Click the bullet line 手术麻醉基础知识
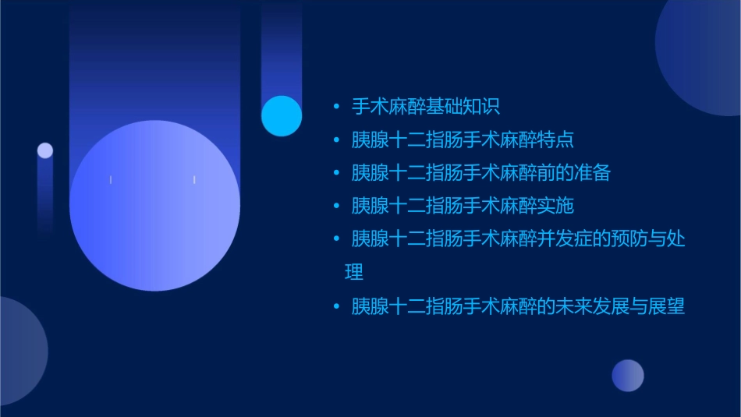(424, 107)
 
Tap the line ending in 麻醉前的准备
(480, 173)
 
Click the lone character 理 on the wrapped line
(353, 272)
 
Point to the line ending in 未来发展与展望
(518, 306)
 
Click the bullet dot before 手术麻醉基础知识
(336, 107)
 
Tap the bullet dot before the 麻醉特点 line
(336, 140)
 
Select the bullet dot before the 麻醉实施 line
(336, 207)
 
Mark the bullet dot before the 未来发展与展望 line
(336, 306)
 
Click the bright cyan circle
(282, 116)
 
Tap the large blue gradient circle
(154, 206)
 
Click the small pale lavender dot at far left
(45, 150)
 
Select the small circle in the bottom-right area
(628, 375)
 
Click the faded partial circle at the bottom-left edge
(19, 351)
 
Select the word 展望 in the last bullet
(667, 306)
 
